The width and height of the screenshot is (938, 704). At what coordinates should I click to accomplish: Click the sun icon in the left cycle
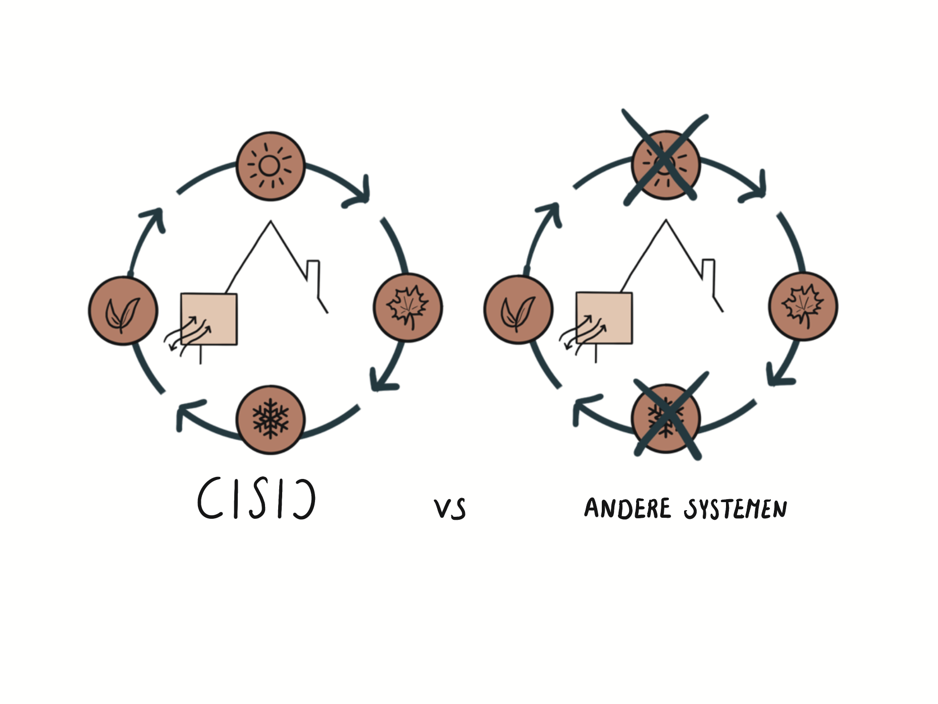[271, 166]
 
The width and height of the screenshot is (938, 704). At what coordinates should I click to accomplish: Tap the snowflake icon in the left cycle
[271, 419]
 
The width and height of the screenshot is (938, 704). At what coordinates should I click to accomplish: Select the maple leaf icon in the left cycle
[407, 307]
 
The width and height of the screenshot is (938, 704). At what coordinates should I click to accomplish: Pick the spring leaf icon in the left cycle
[123, 311]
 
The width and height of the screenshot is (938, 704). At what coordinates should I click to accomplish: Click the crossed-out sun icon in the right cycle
[666, 165]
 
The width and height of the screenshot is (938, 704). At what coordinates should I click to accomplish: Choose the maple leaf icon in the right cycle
[803, 306]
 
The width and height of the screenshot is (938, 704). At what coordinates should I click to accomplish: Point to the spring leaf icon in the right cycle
[518, 310]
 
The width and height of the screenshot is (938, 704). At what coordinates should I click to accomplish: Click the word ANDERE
[628, 508]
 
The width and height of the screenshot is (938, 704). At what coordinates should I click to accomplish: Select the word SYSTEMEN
[735, 509]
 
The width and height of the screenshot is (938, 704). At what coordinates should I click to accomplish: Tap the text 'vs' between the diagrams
[449, 509]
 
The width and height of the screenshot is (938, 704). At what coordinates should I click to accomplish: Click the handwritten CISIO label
[256, 499]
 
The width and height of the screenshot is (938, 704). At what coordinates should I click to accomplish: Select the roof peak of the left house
[271, 222]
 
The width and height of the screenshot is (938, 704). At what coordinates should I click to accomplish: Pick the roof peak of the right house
[666, 221]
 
